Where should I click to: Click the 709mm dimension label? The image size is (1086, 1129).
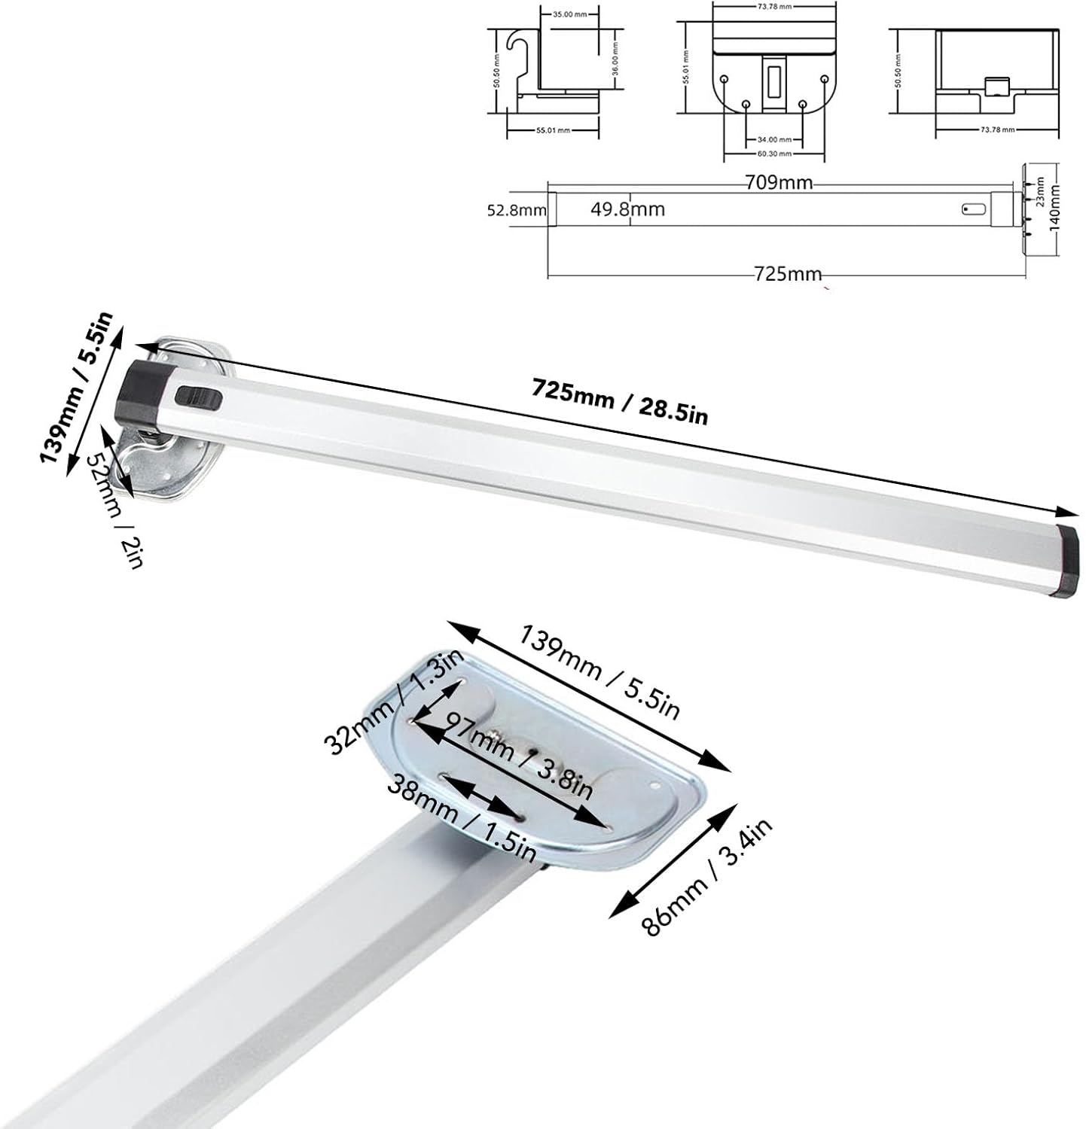tap(779, 182)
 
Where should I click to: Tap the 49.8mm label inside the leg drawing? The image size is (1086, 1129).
tap(627, 209)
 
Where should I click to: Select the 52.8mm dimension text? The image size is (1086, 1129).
tap(516, 211)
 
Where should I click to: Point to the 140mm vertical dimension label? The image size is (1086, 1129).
tap(1055, 210)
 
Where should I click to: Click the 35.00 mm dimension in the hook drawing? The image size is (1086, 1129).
tap(569, 14)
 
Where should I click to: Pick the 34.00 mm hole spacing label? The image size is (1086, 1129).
tap(774, 139)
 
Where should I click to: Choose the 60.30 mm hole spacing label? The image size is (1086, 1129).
tap(774, 154)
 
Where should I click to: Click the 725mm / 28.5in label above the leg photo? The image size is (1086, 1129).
tap(620, 401)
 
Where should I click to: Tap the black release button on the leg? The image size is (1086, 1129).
tap(197, 397)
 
